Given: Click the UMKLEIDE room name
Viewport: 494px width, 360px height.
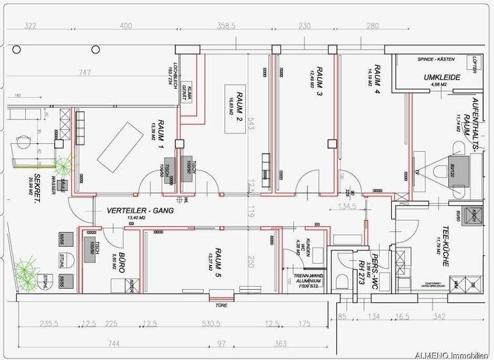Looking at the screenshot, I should (x=440, y=77).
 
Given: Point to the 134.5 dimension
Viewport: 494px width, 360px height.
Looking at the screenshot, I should (x=349, y=207).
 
